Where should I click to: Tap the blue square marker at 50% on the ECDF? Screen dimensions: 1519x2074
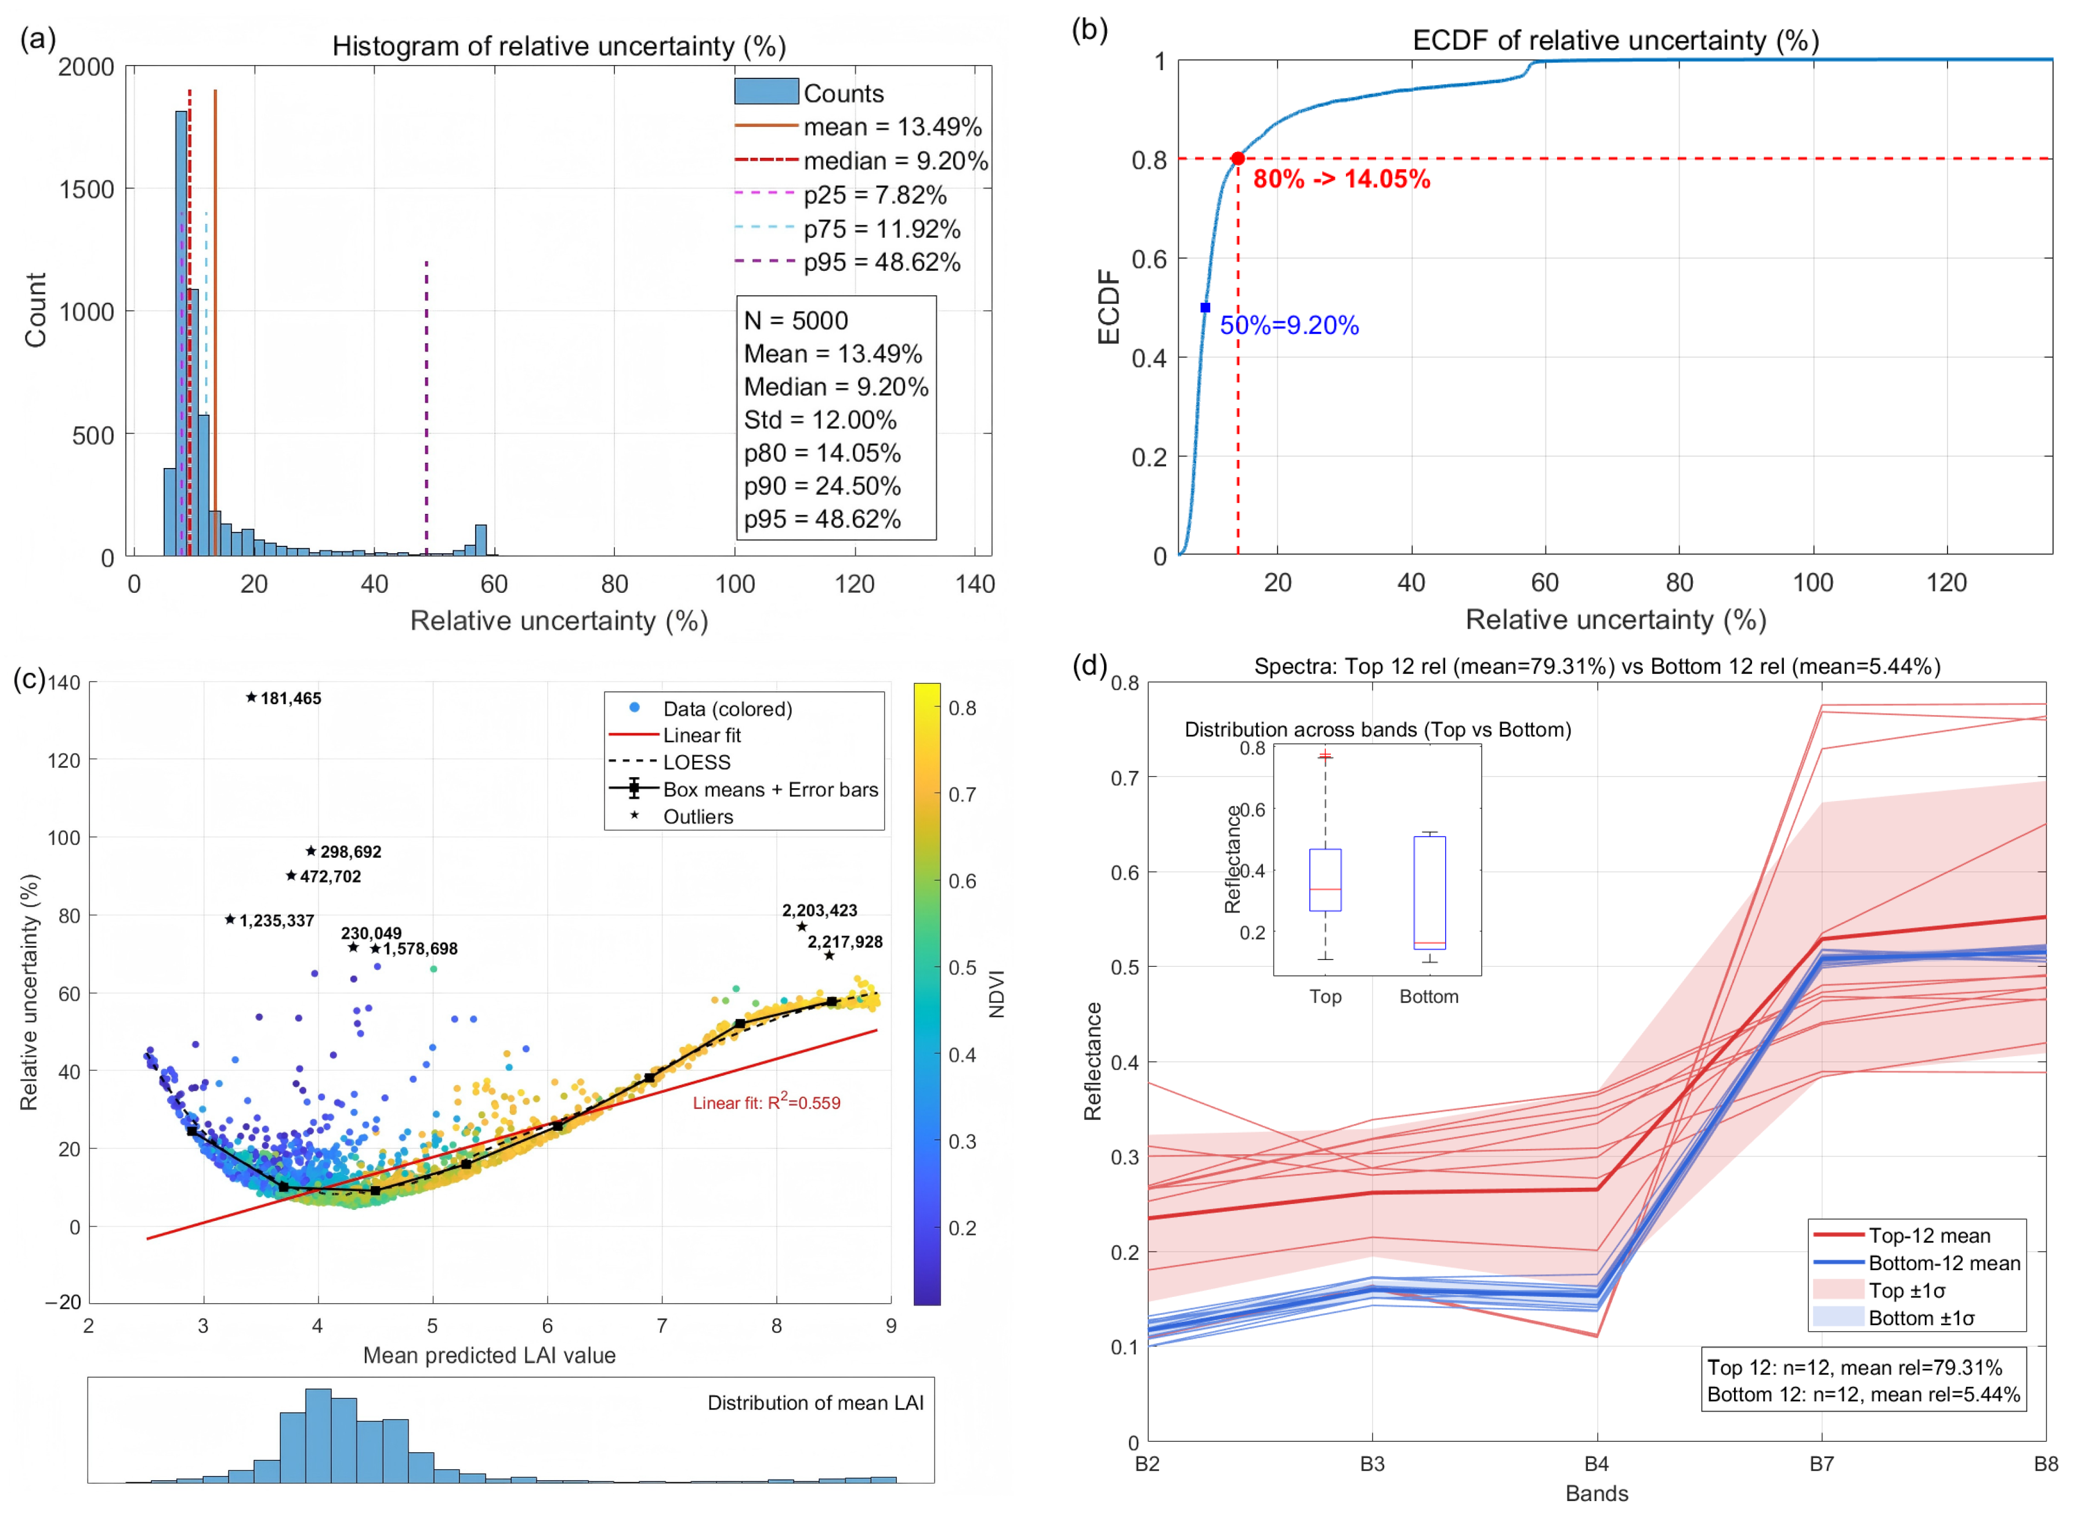(x=1205, y=307)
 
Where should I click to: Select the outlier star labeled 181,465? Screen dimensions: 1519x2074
(x=251, y=697)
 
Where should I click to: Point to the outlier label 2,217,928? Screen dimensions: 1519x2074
(x=844, y=941)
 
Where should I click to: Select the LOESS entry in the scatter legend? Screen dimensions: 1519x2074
(x=696, y=762)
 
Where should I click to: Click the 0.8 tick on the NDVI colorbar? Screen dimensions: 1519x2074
(x=962, y=708)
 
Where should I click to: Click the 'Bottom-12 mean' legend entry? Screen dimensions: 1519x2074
(x=1943, y=1263)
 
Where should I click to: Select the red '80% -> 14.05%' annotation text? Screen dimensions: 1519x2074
(x=1341, y=179)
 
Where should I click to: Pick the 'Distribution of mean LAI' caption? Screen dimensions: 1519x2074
(x=815, y=1402)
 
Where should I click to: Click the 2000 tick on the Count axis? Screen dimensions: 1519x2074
(x=86, y=67)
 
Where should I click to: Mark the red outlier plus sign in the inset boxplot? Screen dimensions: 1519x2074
(x=1326, y=756)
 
